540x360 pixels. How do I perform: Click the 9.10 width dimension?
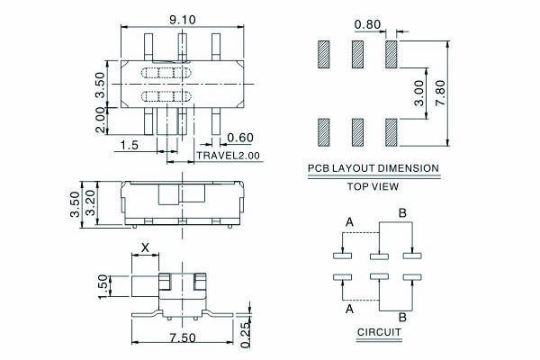coord(182,19)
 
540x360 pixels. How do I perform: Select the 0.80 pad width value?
coord(367,24)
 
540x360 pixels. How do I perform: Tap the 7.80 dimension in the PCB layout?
coord(440,93)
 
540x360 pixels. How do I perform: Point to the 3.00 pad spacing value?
coord(419,93)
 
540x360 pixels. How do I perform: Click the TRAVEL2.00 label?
coord(228,156)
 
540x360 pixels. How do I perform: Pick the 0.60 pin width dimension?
coord(240,138)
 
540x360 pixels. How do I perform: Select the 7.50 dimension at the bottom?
coord(183,337)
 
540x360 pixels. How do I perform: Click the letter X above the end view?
coord(145,247)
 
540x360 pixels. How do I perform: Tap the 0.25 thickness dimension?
coord(245,335)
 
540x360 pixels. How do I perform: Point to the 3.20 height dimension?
coord(90,203)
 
